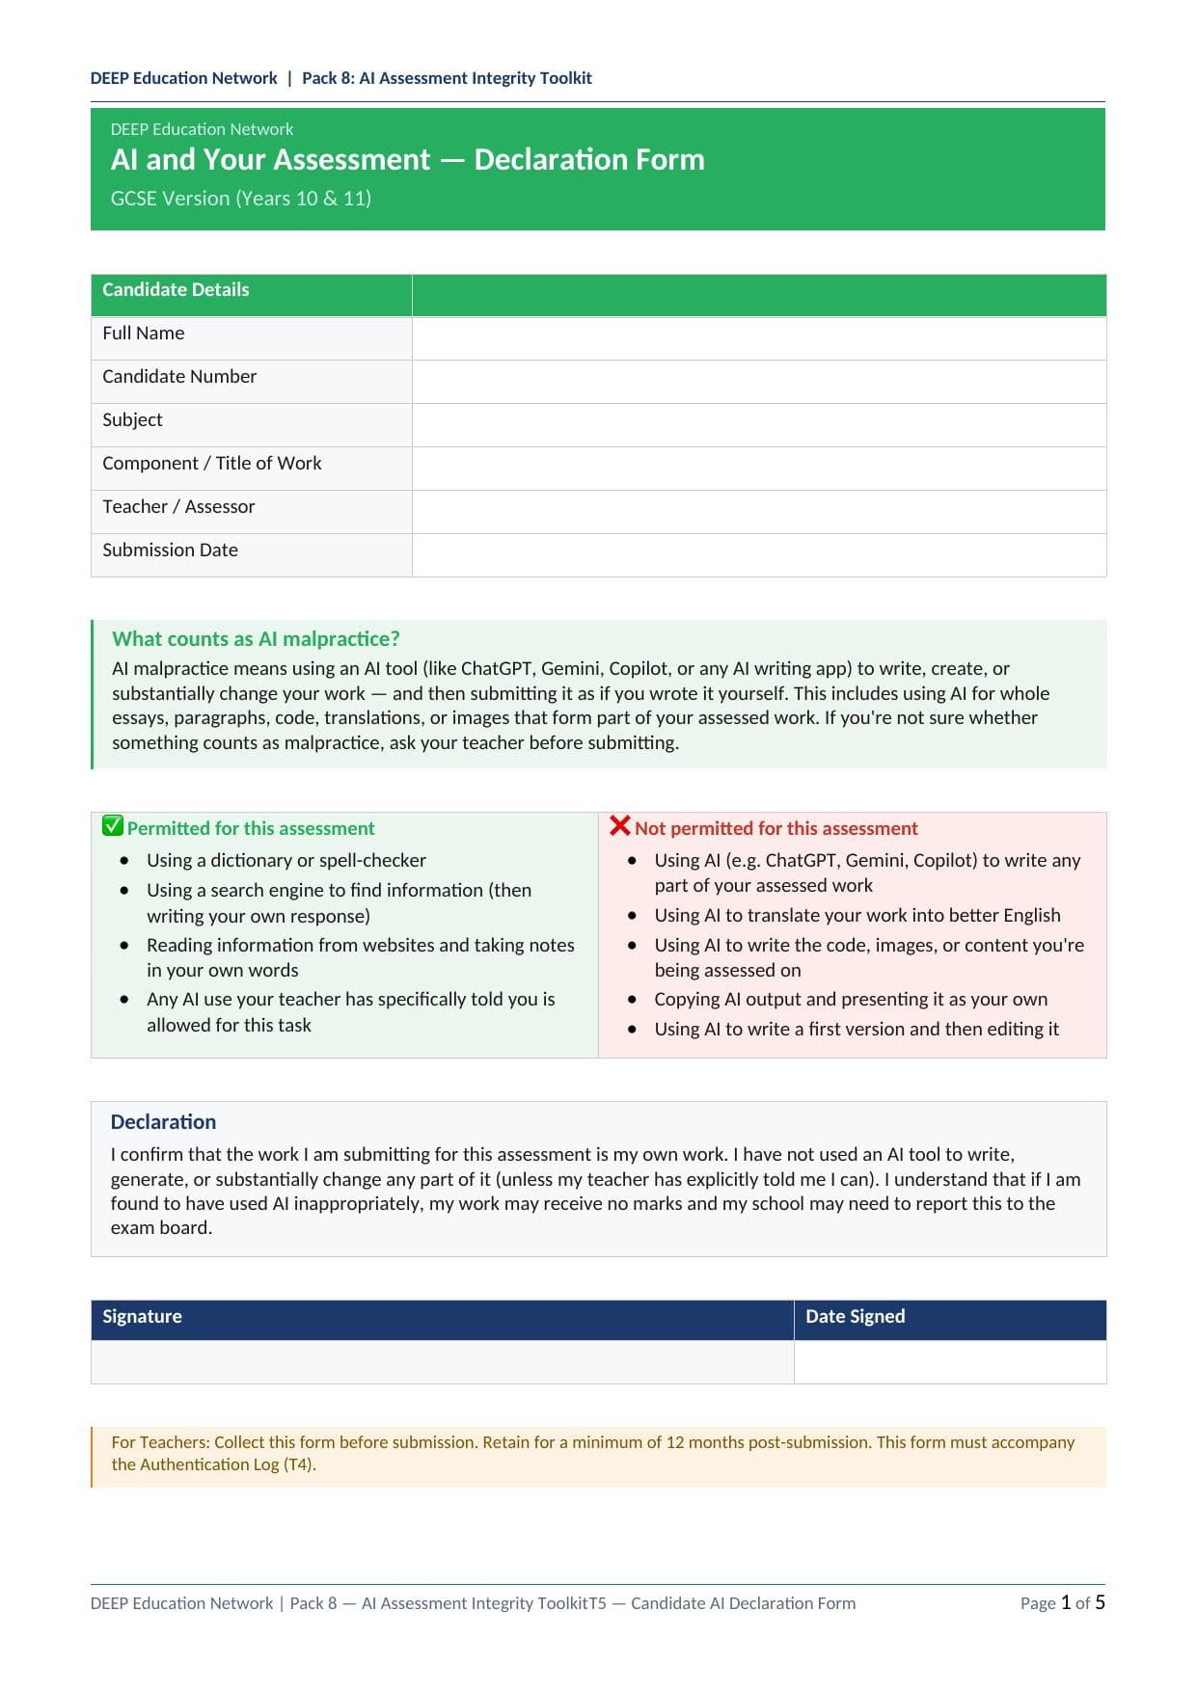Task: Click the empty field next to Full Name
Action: pos(758,338)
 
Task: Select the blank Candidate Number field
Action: pos(758,382)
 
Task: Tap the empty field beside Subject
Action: pos(758,425)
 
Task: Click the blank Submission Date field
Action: pos(758,555)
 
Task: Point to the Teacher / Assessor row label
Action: pos(178,507)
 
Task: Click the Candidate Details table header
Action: pos(176,290)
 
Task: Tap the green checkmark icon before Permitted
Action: pos(113,826)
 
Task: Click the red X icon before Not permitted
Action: pos(620,826)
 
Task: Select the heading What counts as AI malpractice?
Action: pos(256,639)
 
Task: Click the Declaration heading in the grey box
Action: pos(163,1122)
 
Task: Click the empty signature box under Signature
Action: pos(442,1362)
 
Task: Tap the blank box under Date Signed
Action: pos(949,1362)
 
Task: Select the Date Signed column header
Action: pos(855,1317)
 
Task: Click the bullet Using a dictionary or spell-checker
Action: pos(286,860)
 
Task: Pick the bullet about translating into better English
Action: pos(857,916)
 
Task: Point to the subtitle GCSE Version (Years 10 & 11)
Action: pos(240,199)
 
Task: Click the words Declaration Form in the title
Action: pos(588,160)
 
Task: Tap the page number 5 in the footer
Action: pos(1101,1602)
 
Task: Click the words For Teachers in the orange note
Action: pos(159,1442)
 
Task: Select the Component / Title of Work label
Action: pos(211,464)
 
